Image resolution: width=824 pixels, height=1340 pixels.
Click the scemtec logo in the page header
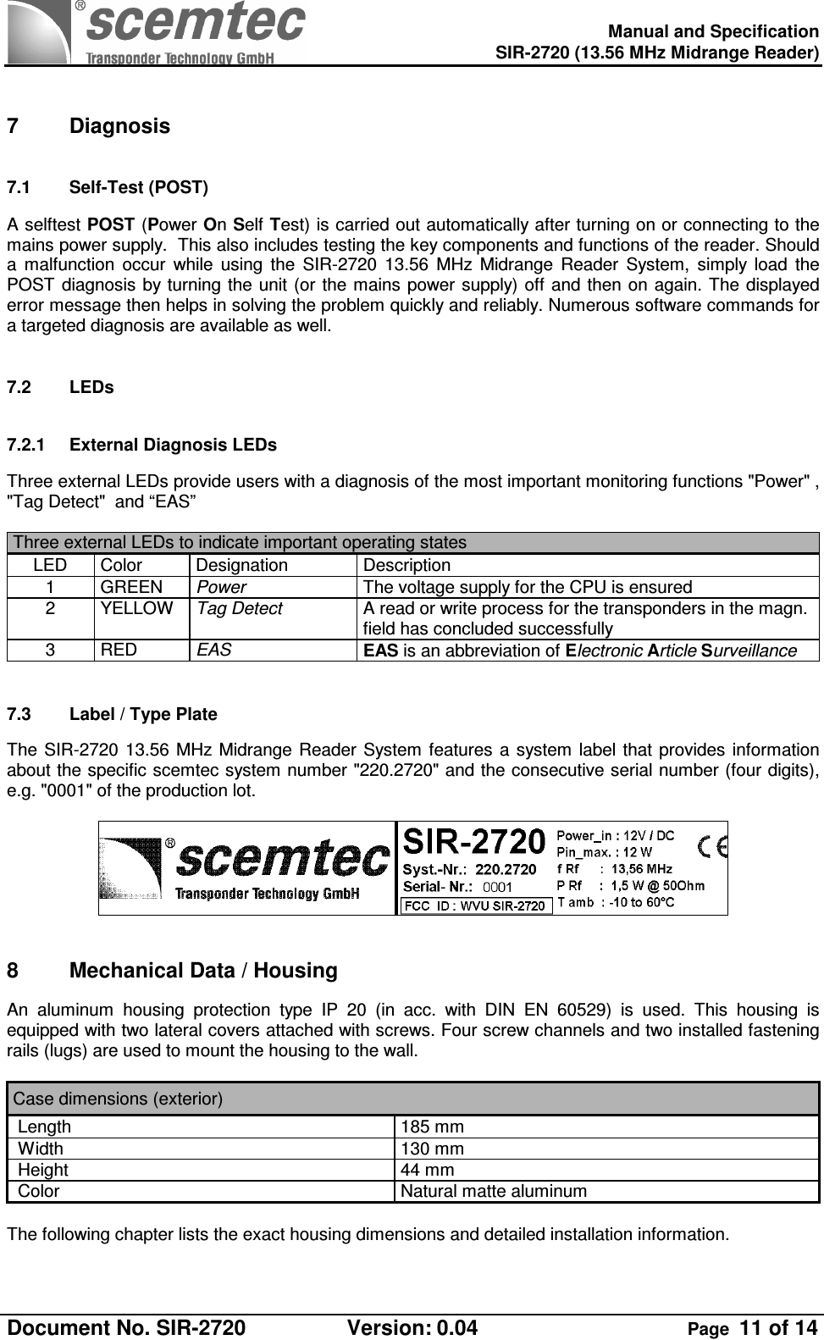[157, 32]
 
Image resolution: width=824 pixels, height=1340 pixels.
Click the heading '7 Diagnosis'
[88, 126]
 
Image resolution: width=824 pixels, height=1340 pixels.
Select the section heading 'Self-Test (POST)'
[139, 187]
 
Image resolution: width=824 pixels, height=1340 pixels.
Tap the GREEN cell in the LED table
[131, 587]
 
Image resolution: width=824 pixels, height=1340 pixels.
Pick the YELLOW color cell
[136, 608]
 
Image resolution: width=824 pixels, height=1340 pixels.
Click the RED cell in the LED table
[119, 651]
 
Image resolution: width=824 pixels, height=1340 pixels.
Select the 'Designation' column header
[242, 565]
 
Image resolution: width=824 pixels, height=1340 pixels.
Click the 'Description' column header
[406, 565]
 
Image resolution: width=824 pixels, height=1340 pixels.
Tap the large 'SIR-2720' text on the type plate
[473, 842]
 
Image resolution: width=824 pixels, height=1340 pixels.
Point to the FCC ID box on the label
[476, 905]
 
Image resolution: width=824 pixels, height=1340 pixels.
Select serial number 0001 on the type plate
[497, 887]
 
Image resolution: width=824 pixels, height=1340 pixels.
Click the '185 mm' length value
[432, 1127]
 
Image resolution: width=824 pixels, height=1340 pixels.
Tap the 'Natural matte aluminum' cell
[493, 1191]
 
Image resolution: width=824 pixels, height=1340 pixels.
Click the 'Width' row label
[41, 1149]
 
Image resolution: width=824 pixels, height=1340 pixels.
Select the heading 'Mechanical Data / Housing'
[203, 971]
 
